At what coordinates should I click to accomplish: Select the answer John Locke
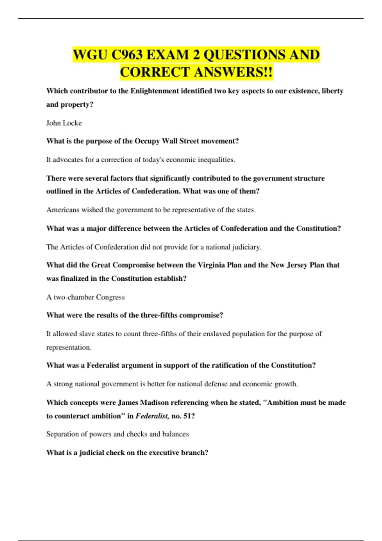pyautogui.click(x=64, y=123)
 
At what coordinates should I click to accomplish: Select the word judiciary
pyautogui.click(x=246, y=247)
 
